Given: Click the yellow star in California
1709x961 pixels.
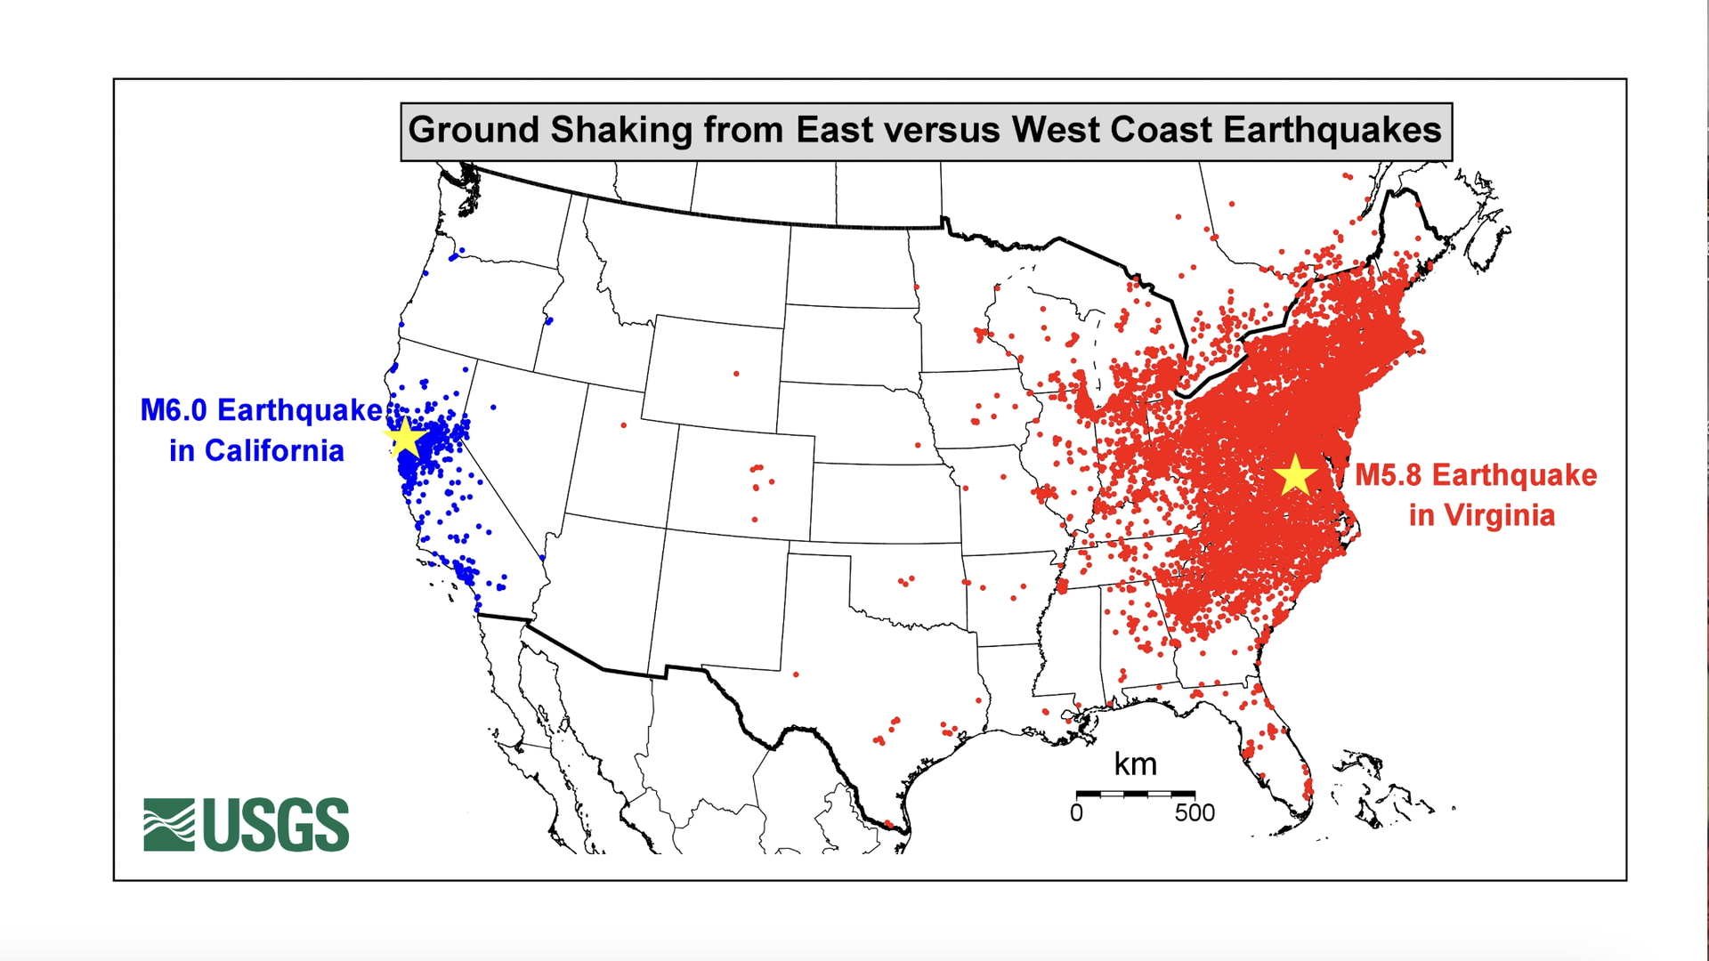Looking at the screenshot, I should coord(405,437).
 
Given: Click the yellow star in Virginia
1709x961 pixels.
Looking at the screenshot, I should coord(1295,475).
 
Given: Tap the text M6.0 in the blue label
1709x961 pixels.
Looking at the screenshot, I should coord(174,410).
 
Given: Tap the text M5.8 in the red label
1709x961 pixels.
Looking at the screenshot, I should coord(1388,475).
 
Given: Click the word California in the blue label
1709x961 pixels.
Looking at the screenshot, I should coord(274,451).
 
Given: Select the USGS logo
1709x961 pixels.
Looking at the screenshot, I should coord(247,825).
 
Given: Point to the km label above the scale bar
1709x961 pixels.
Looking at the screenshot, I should coord(1135,764).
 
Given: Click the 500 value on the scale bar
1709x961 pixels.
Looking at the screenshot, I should coord(1195,813).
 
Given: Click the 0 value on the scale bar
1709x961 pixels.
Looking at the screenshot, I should coord(1076,813).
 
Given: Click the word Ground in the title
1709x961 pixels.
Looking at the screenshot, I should coord(474,130).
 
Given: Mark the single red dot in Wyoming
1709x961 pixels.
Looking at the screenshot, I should coord(736,374).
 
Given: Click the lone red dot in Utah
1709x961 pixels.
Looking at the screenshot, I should coord(623,425).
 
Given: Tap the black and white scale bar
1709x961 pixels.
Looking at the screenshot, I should coord(1135,793).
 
